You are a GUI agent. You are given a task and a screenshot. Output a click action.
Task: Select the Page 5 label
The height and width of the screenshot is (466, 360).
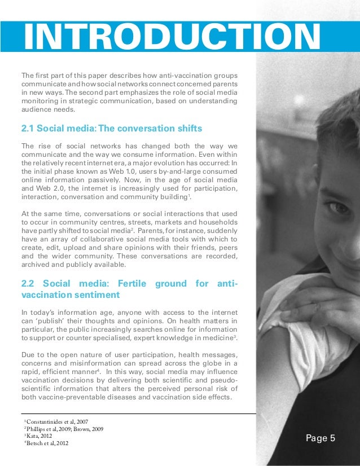coord(321,437)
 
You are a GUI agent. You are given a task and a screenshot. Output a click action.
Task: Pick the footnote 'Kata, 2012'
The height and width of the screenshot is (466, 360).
coord(41,436)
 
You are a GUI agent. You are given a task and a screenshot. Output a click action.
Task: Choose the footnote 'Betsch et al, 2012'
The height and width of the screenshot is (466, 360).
coord(51,443)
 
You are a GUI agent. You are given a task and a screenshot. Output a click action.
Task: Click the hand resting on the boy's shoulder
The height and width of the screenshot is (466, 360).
coord(316,293)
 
